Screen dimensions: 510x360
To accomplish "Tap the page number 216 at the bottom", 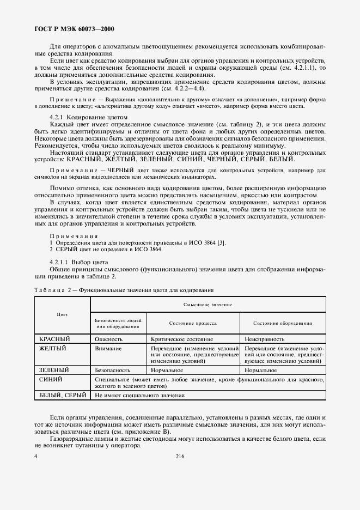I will pyautogui.click(x=180, y=457).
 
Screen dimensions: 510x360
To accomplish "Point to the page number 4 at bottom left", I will pyautogui.click(x=35, y=457).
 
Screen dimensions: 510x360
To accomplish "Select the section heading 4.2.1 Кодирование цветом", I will pyautogui.click(x=88, y=117).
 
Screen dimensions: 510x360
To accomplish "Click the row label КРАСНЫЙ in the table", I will pyautogui.click(x=57, y=339).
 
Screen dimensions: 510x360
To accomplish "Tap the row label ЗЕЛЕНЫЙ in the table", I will pyautogui.click(x=57, y=370).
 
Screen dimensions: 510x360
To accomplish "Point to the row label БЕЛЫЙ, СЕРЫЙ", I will pyautogui.click(x=63, y=396).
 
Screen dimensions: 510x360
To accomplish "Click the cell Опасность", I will pyautogui.click(x=108, y=339).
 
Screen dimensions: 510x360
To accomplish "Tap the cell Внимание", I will pyautogui.click(x=107, y=348).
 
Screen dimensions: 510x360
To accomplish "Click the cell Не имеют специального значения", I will pyautogui.click(x=139, y=396).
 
